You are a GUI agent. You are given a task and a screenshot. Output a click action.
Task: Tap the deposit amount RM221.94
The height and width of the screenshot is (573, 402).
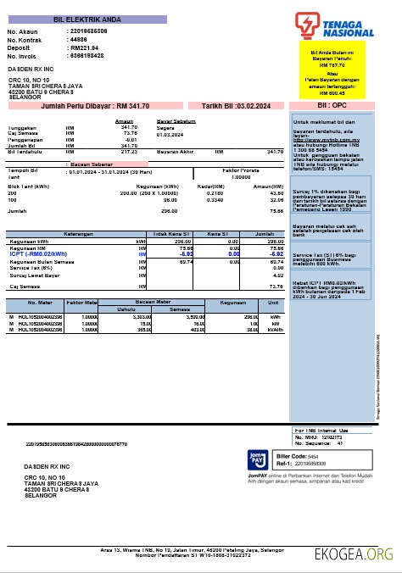[85, 47]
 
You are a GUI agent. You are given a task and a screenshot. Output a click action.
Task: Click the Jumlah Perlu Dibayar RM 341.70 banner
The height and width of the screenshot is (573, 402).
[95, 106]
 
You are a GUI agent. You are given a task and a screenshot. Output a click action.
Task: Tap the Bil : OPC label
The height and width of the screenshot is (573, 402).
[332, 106]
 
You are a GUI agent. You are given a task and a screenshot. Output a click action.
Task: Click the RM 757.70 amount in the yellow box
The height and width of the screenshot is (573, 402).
[332, 64]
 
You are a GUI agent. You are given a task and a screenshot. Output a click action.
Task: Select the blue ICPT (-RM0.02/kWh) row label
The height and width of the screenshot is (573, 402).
[38, 253]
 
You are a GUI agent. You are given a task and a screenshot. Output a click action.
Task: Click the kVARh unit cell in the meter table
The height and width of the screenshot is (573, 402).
[274, 330]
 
